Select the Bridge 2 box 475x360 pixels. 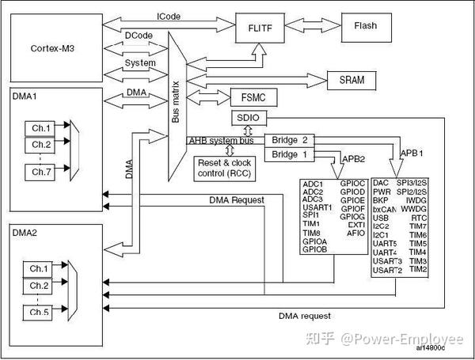click(289, 140)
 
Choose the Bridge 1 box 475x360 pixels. click(289, 155)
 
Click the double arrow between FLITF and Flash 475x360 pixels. click(307, 25)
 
